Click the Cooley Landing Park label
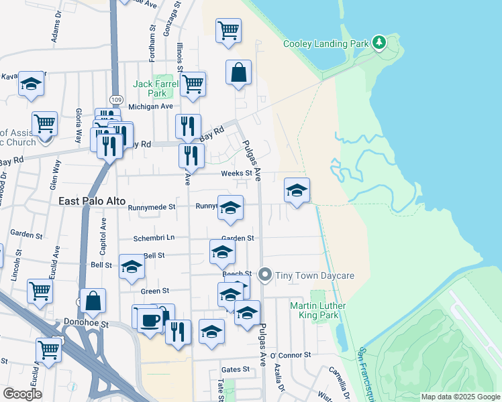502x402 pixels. click(326, 44)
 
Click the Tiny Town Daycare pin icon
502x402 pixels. click(265, 275)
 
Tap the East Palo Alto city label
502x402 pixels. click(89, 200)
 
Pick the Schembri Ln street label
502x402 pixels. click(154, 237)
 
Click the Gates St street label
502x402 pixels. click(235, 369)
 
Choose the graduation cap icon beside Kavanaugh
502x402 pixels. click(30, 84)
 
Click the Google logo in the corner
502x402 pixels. click(22, 394)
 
